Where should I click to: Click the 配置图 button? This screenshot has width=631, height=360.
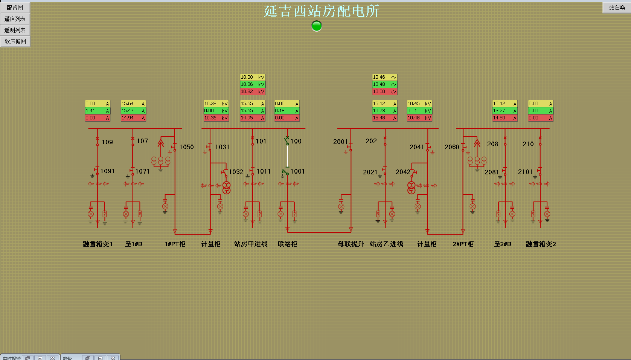(15, 8)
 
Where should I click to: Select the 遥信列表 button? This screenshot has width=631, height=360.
(15, 19)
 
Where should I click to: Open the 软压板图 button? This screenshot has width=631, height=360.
(15, 41)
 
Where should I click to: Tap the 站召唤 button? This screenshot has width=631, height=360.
(617, 8)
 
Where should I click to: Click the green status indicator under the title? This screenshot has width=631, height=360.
(317, 26)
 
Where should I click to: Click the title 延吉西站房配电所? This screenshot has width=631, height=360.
(321, 11)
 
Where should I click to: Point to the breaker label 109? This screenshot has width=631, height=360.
(107, 142)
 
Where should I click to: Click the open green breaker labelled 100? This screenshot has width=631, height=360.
(287, 142)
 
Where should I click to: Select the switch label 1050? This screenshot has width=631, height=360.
(186, 147)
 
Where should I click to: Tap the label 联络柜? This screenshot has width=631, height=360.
(287, 244)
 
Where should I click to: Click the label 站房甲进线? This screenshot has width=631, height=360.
(251, 244)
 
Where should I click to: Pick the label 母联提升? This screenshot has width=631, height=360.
(351, 244)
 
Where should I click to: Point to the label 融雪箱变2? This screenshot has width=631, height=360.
(541, 244)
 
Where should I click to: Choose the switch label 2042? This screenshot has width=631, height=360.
(402, 172)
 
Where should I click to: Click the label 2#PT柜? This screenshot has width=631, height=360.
(463, 244)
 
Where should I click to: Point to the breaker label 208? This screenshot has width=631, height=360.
(492, 144)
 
